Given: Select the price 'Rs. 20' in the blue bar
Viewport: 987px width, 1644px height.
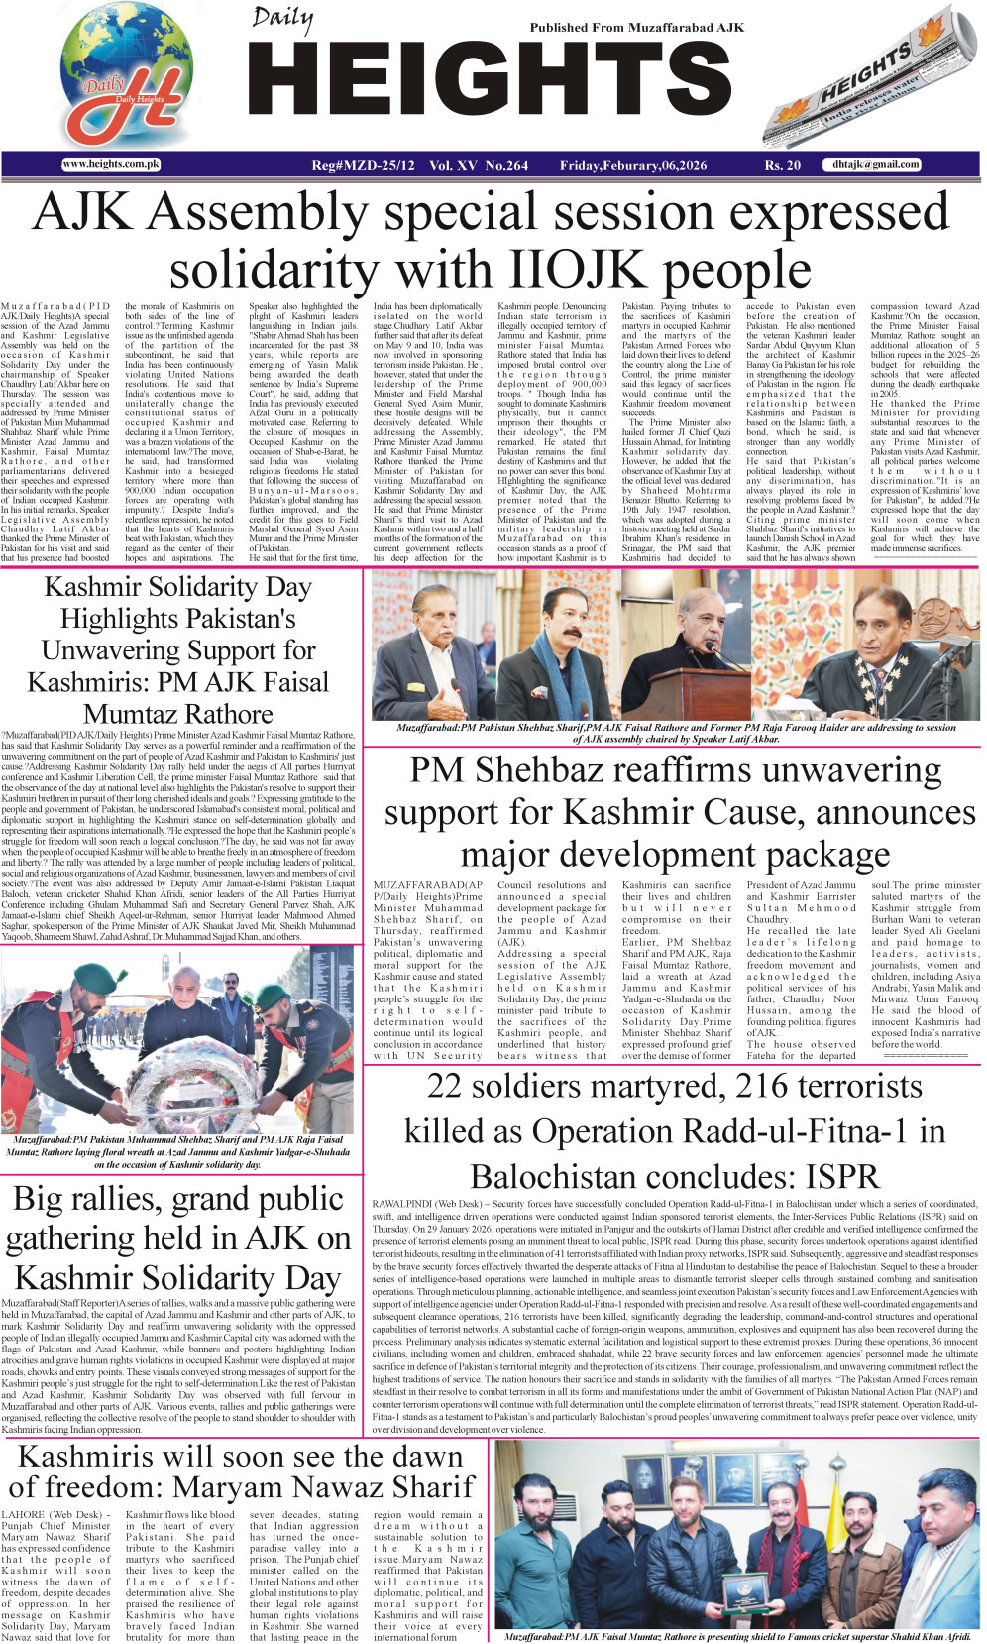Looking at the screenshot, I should click(x=782, y=165).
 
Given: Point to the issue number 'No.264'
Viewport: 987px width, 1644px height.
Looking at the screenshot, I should click(x=506, y=165).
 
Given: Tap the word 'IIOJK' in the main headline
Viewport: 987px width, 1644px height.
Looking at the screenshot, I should click(x=569, y=270).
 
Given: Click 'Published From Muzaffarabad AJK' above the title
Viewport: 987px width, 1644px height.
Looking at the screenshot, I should click(x=636, y=28).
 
